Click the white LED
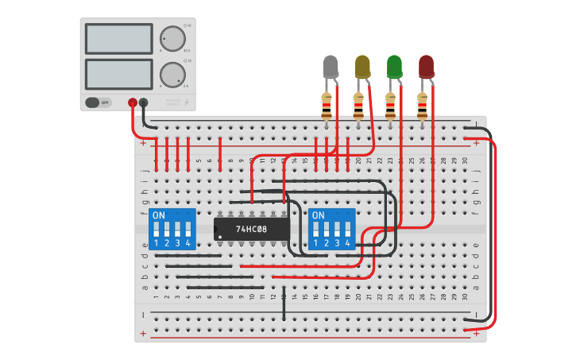click(x=331, y=67)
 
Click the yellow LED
click(x=362, y=67)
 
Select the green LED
click(x=394, y=67)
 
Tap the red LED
click(x=427, y=67)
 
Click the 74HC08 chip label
click(x=251, y=229)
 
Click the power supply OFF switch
click(x=99, y=103)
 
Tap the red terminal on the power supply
click(x=132, y=103)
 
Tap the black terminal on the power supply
click(x=143, y=103)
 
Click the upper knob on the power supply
click(x=171, y=38)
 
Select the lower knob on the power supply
click(x=171, y=75)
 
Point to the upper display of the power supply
click(x=118, y=38)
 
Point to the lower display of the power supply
click(x=118, y=74)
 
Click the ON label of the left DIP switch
click(x=159, y=215)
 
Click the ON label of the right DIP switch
click(x=319, y=215)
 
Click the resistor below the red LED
click(x=422, y=104)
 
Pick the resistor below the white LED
click(x=327, y=104)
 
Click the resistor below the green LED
click(x=390, y=104)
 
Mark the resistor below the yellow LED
click(x=358, y=104)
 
